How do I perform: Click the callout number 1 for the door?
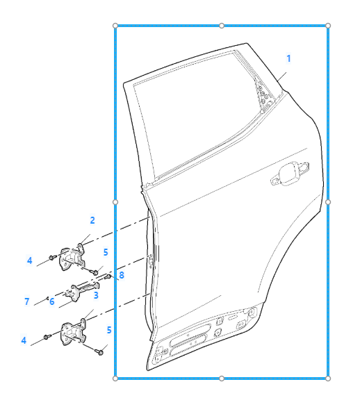click(288, 58)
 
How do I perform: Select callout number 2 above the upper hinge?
click(92, 220)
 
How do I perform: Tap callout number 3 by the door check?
click(96, 295)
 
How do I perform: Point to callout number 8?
click(122, 275)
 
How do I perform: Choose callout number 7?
click(26, 301)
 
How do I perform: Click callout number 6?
click(51, 301)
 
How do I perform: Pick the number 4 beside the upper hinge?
click(30, 260)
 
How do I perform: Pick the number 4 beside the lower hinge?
click(24, 340)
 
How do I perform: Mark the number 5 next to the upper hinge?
click(106, 252)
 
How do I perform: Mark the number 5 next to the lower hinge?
click(109, 330)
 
